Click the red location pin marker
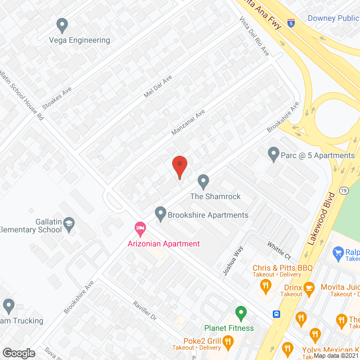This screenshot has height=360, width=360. coord(179,166)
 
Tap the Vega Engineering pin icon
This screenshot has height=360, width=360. coord(62,25)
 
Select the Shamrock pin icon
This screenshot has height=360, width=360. coord(204,182)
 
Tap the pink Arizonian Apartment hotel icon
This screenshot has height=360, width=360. coord(140,229)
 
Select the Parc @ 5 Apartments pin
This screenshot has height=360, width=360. coord(274,154)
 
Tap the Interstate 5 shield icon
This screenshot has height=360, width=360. coord(291,22)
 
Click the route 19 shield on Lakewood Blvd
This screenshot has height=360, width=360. coord(343,192)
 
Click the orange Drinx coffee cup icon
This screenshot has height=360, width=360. coord(309,287)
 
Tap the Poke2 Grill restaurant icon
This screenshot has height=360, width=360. coord(228,341)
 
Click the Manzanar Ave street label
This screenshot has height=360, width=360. coord(188,123)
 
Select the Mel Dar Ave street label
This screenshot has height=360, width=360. coord(157,88)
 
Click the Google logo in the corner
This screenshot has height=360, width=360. coord(19,353)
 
